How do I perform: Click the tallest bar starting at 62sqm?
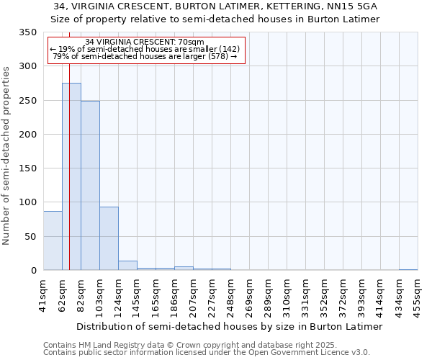(71, 176)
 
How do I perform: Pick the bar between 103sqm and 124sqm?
(109, 238)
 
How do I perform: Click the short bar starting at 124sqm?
(127, 266)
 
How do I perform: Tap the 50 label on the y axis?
(30, 237)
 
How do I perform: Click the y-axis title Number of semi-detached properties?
(7, 156)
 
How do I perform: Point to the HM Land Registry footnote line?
(190, 346)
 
